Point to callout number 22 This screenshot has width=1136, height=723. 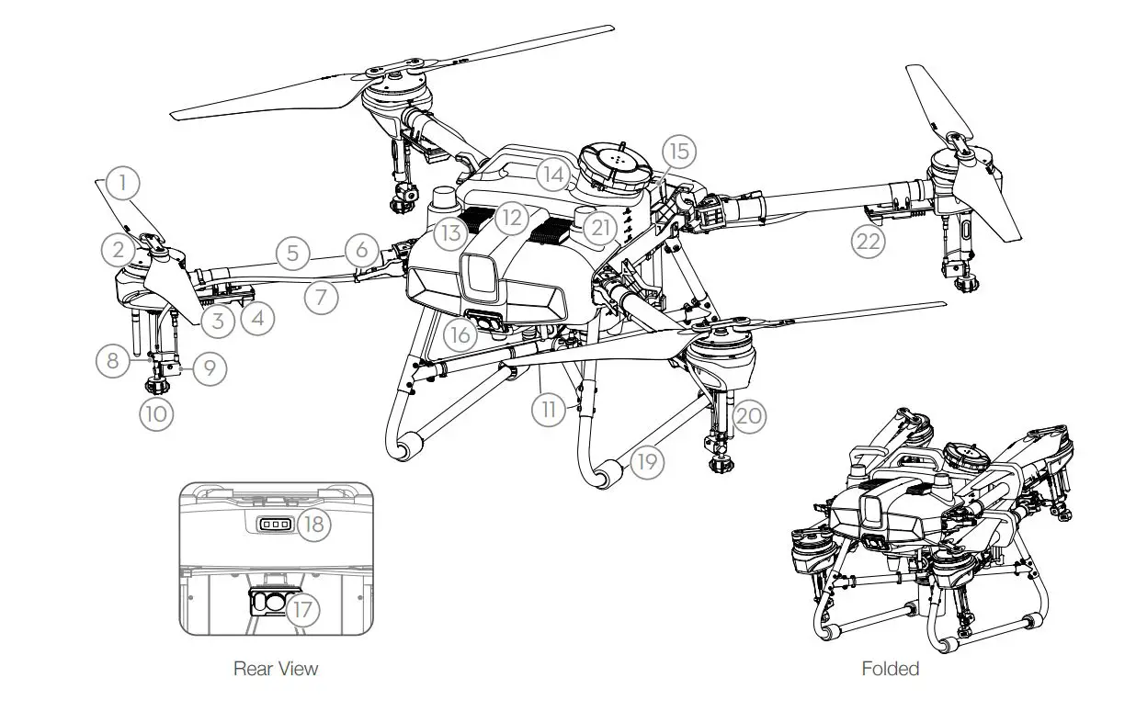869,243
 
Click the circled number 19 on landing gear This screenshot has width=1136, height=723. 647,461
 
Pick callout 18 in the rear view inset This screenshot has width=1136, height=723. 313,524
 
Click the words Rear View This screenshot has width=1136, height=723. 275,668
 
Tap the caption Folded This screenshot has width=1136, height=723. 890,668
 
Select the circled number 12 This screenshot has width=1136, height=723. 511,219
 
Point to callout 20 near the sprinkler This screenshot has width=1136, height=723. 749,417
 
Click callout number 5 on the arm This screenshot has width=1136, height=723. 292,253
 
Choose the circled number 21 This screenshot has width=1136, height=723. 599,227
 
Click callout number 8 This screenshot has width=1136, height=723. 113,361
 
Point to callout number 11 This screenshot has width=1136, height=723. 549,409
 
